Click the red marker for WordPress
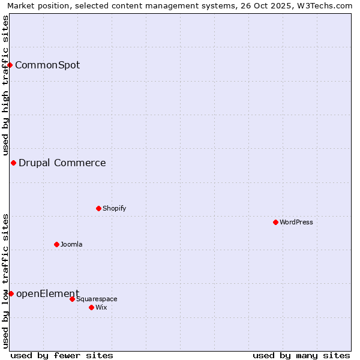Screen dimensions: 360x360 coord(275,222)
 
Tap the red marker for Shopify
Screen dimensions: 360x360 coord(98,208)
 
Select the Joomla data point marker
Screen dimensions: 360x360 coord(56,244)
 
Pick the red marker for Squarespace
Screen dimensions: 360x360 coord(72,299)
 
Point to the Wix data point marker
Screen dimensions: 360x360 coord(91,307)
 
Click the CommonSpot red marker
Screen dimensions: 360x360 coord(10,65)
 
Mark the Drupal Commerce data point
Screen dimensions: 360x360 coord(13,163)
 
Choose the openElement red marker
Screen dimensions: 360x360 coord(11,293)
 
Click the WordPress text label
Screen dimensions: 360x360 coord(296,222)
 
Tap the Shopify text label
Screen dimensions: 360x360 coord(115,208)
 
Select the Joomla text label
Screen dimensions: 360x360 coord(71,244)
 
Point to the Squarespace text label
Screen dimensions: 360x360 coord(97,299)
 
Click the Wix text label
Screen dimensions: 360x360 coord(101,307)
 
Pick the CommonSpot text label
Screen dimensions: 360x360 coord(47,65)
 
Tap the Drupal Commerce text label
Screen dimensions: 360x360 coord(62,163)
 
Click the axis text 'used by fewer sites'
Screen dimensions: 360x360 coord(62,355)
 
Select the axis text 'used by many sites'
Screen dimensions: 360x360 coord(301,355)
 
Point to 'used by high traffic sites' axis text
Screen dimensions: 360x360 coord(5,85)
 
